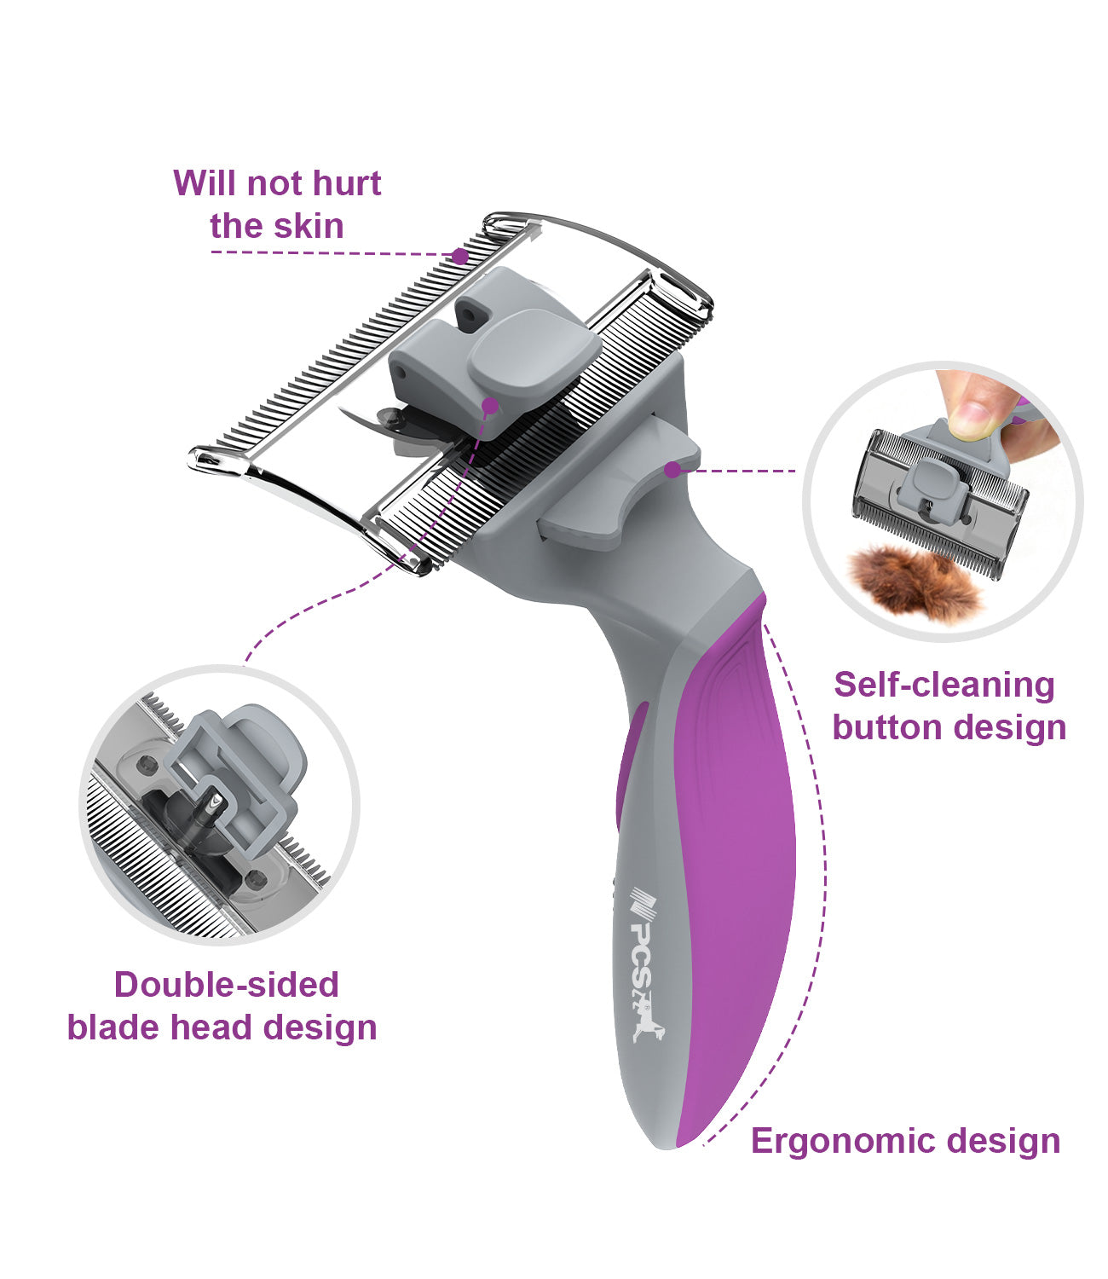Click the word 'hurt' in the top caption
click(x=346, y=183)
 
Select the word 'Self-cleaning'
click(x=944, y=686)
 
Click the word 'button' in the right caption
click(x=887, y=727)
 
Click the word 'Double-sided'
click(x=227, y=985)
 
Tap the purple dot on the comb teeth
click(x=459, y=256)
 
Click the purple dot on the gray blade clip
click(x=490, y=406)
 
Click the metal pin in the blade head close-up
click(x=211, y=812)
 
